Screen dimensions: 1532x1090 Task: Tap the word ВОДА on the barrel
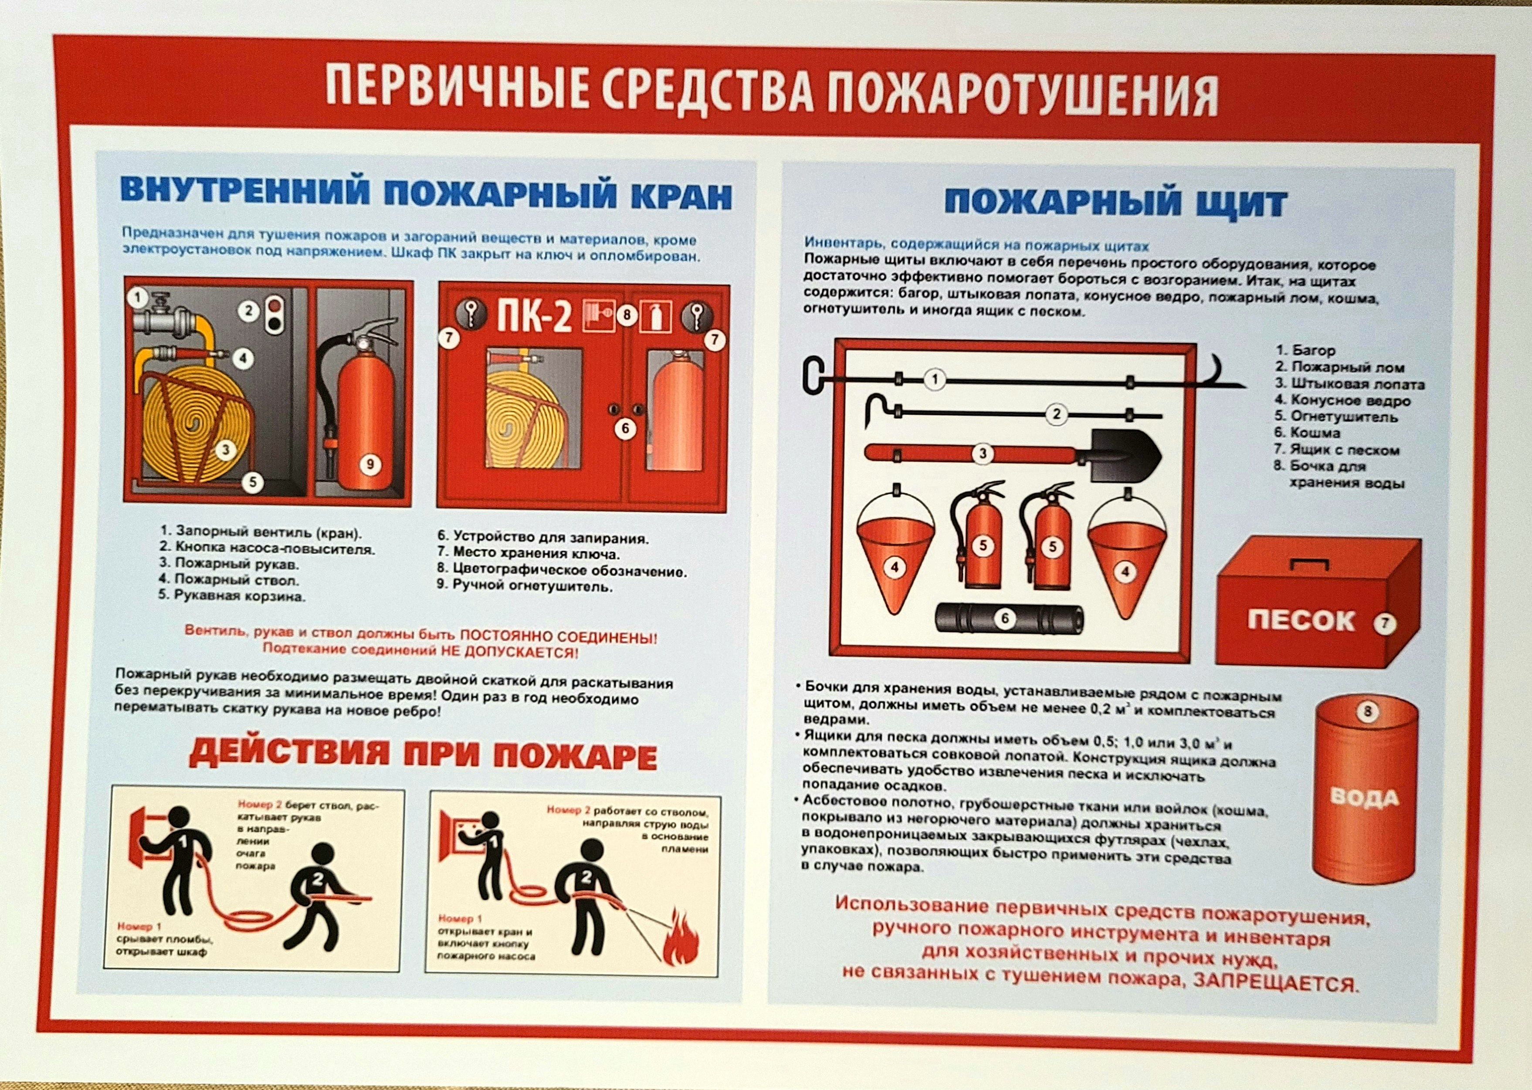click(x=1365, y=798)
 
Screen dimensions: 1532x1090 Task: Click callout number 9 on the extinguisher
click(x=370, y=464)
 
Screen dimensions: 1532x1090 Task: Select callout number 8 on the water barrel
click(x=1368, y=712)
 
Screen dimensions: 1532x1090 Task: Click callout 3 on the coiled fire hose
click(x=225, y=449)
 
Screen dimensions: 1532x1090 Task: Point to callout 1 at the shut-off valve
click(x=138, y=298)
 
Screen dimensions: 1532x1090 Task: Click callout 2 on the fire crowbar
click(x=1056, y=414)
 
